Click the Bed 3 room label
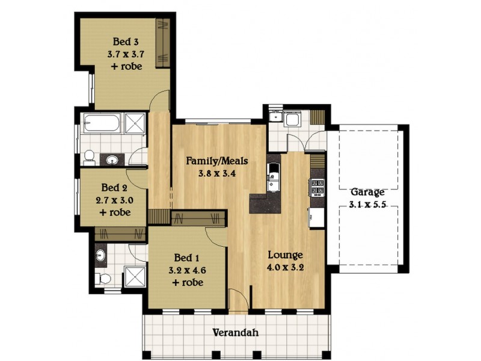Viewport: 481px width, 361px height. tap(126, 42)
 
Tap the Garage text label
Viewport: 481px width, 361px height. tap(367, 193)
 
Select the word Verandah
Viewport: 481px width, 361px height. tap(236, 332)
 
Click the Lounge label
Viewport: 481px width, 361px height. tap(285, 254)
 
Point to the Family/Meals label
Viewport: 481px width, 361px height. tap(216, 161)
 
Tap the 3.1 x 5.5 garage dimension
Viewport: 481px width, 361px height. tap(367, 205)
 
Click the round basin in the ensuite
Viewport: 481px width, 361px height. tap(100, 256)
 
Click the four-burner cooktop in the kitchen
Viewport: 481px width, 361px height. tap(317, 187)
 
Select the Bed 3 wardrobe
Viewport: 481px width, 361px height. tap(162, 42)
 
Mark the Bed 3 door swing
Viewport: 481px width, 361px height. tap(160, 99)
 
